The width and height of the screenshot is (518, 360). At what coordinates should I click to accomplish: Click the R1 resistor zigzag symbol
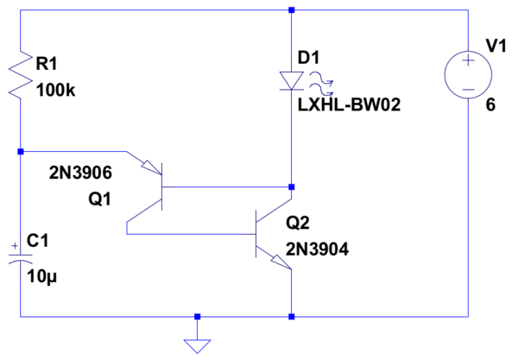click(x=21, y=74)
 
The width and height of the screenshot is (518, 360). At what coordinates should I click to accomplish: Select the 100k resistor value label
click(x=55, y=90)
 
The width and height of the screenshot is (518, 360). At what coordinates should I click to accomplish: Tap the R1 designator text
click(x=47, y=63)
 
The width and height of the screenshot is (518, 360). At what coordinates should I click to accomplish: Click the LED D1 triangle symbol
click(x=292, y=81)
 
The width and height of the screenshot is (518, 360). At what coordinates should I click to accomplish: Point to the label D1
click(x=308, y=58)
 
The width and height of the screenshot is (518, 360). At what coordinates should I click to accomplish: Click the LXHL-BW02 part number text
click(x=349, y=105)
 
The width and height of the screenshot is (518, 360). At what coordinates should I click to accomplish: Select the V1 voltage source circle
click(x=468, y=74)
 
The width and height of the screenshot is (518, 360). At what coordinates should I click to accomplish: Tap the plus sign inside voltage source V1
click(x=468, y=60)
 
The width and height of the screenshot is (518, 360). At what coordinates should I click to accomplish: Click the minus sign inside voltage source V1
click(x=468, y=89)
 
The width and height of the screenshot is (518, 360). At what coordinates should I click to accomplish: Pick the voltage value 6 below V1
click(x=490, y=105)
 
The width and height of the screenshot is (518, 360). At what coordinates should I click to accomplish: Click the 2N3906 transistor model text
click(x=80, y=173)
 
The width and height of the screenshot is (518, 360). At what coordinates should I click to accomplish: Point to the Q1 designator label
click(x=99, y=199)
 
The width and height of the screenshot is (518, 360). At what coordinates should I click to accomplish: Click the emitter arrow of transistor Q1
click(x=152, y=167)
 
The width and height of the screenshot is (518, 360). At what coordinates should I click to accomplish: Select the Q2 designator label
click(x=298, y=223)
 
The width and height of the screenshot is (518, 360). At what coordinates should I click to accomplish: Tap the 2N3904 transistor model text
click(x=317, y=249)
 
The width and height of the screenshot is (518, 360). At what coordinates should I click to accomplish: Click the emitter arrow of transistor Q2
click(x=281, y=262)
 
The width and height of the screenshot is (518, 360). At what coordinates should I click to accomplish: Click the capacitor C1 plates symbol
click(x=21, y=258)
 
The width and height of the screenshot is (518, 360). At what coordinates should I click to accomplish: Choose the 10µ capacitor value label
click(x=42, y=277)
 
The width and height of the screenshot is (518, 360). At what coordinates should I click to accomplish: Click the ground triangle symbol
click(x=197, y=346)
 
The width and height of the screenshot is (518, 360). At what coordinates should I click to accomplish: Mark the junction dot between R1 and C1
click(x=21, y=152)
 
